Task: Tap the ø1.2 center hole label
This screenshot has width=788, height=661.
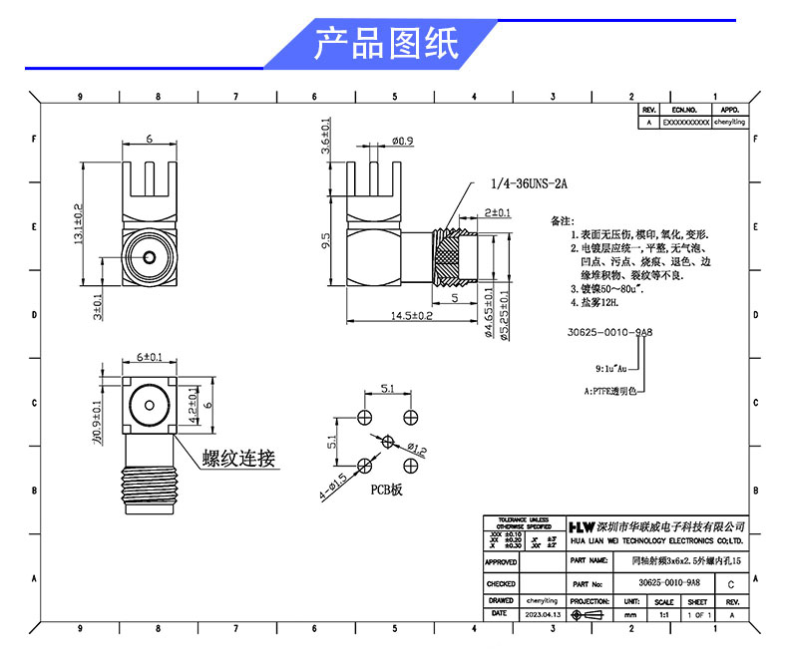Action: [x=416, y=451]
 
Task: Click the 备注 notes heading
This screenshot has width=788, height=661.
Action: [x=564, y=218]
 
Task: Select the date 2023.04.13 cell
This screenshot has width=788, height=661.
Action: [x=542, y=615]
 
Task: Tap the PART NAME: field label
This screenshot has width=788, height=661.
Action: [x=591, y=562]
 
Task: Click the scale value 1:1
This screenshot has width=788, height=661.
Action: [x=663, y=615]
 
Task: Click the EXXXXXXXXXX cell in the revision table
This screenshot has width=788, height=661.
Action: [x=686, y=122]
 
